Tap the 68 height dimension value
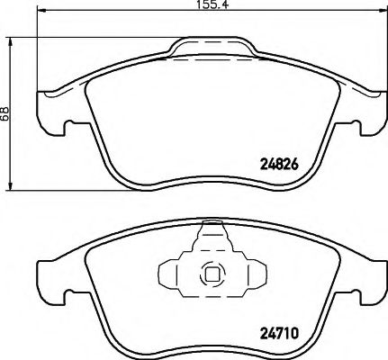[5, 113]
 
